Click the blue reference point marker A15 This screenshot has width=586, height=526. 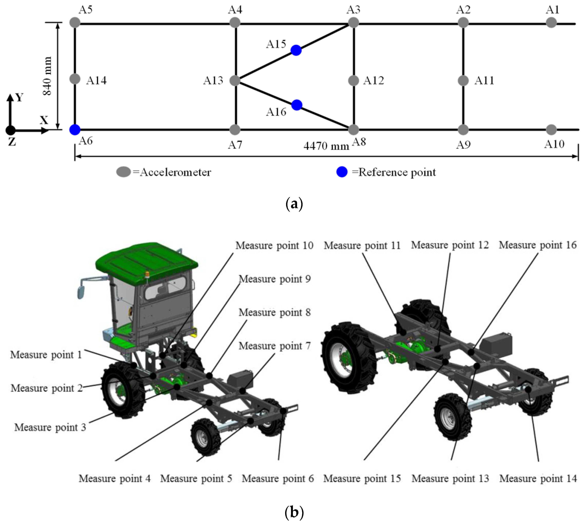click(296, 50)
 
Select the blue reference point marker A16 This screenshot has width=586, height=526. click(297, 105)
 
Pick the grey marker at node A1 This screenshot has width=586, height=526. click(551, 23)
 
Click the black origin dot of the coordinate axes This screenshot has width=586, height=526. click(10, 131)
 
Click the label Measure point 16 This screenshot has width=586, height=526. click(537, 245)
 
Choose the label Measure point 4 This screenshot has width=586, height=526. click(115, 479)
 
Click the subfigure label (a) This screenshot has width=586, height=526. click(294, 204)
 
